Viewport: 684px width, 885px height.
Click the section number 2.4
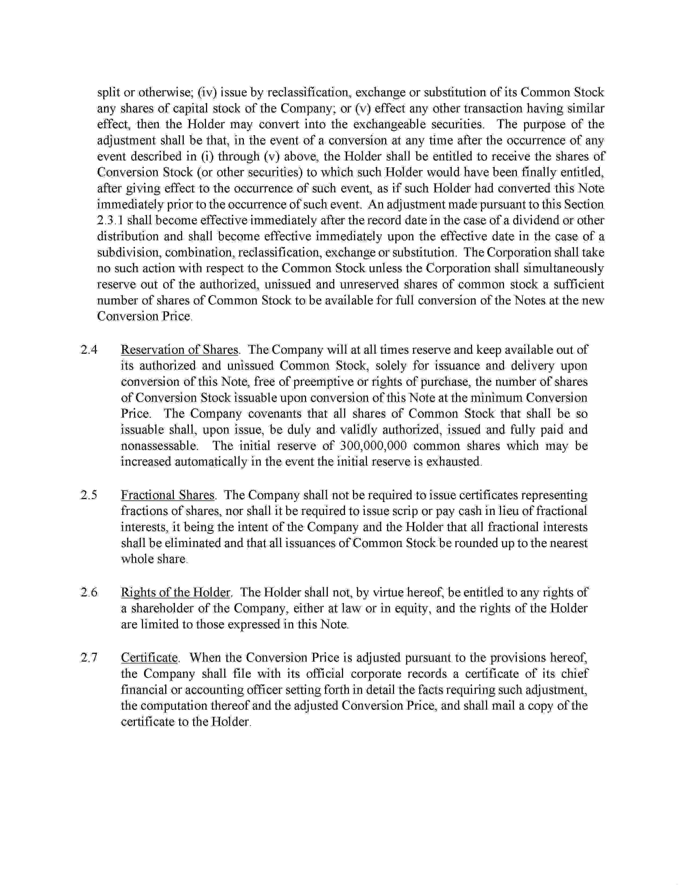click(x=89, y=350)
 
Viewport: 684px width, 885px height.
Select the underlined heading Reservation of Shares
click(x=179, y=350)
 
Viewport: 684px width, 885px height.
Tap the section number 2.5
click(x=89, y=495)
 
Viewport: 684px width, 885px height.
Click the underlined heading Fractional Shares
click(x=168, y=495)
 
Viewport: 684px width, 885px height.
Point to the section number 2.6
click(x=89, y=592)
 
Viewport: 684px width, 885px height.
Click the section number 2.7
click(x=89, y=657)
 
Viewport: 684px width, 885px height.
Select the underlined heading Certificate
click(x=149, y=657)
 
